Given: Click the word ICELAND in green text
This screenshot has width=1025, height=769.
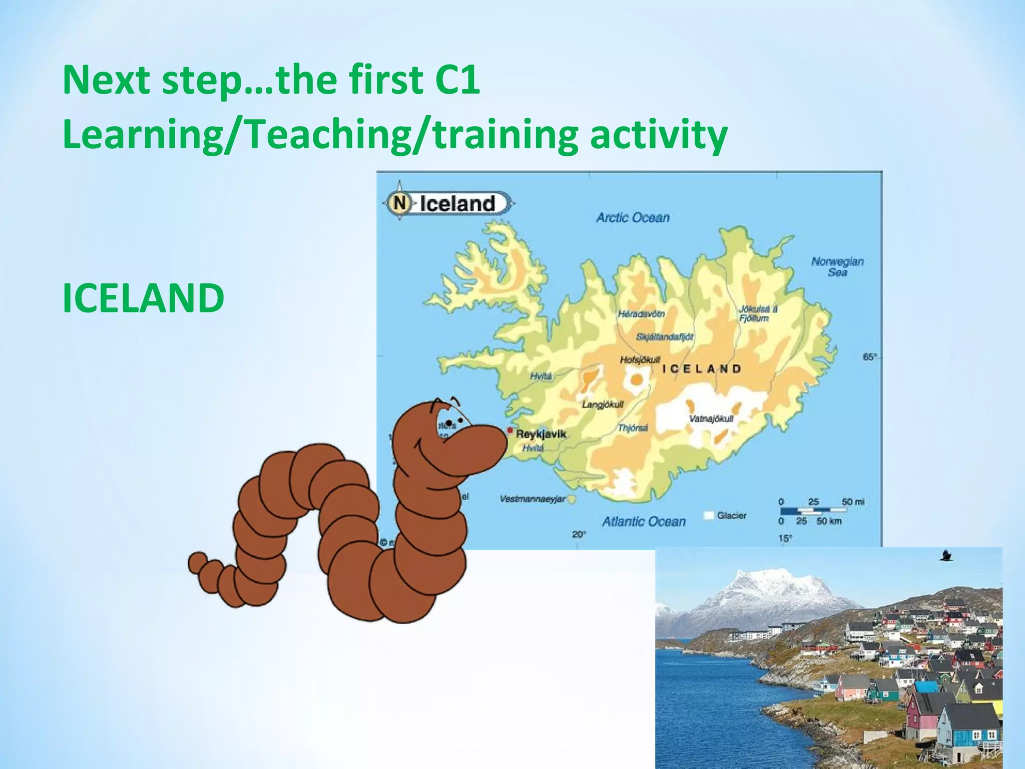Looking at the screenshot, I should (143, 298).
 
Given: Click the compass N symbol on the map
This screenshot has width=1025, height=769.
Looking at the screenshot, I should (399, 203).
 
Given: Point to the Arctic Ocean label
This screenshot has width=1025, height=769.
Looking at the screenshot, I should (633, 217).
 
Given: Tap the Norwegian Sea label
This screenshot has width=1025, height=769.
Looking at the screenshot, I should (837, 267).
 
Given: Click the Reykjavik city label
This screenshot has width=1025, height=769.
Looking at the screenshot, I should (541, 434).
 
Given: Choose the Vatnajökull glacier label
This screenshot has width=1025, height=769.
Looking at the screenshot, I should (711, 419).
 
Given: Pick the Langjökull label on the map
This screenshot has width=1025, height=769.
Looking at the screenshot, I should (603, 405).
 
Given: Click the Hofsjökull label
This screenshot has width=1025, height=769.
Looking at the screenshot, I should (640, 359).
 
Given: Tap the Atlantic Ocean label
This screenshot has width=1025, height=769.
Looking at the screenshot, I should (644, 522).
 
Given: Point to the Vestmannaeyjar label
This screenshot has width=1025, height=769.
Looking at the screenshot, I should (533, 499).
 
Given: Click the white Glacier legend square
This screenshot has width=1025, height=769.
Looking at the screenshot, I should (709, 515).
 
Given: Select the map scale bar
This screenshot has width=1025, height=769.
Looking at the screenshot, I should (813, 511).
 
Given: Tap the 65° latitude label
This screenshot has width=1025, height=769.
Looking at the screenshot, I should (870, 357).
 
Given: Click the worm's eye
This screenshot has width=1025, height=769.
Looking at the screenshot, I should (449, 424).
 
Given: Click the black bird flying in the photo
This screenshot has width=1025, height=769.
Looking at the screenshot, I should (945, 555).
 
